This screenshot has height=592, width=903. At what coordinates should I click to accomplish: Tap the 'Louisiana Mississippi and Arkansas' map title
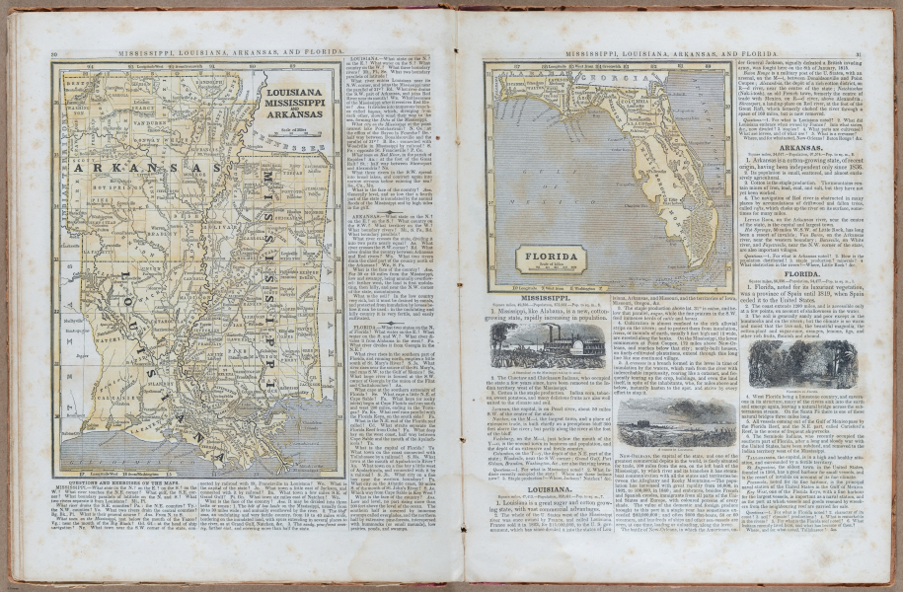click(295, 102)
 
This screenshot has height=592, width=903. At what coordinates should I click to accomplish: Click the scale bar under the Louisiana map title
click(295, 132)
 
